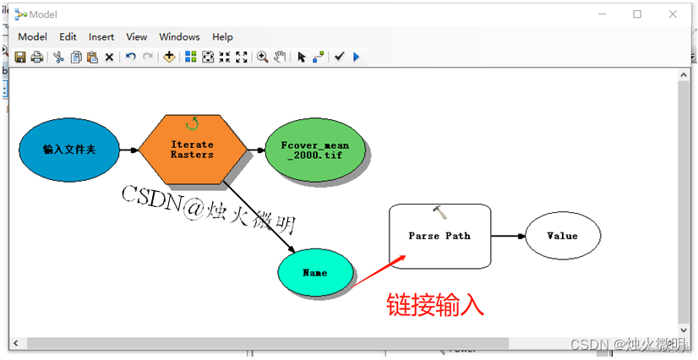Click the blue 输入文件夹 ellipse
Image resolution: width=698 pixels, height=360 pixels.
[69, 150]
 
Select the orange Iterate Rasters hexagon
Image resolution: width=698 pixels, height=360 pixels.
[193, 150]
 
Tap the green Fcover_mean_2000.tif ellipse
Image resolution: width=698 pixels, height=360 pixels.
[314, 150]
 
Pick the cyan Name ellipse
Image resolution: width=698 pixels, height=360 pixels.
[314, 273]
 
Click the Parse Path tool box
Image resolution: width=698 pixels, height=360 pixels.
[439, 236]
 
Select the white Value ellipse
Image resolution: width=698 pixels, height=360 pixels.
[563, 236]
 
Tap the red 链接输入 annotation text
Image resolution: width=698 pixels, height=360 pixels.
[435, 304]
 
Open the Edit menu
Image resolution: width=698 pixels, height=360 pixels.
[68, 36]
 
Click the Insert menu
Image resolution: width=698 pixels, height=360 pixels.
[101, 36]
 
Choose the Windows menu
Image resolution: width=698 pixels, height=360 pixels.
[179, 36]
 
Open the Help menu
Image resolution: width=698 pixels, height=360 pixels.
[222, 36]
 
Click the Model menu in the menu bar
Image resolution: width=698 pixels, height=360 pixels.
[32, 36]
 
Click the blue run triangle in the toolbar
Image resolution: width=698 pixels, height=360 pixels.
[356, 57]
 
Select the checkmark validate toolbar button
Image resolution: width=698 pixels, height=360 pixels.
[339, 57]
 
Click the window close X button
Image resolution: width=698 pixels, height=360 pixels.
[673, 14]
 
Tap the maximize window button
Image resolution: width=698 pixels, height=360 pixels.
[637, 14]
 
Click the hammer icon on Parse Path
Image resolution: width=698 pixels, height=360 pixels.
[439, 212]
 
